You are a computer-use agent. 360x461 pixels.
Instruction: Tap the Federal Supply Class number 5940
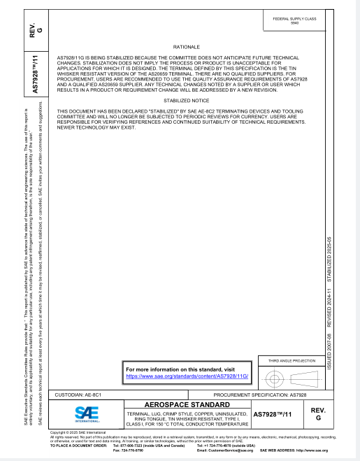[293, 23]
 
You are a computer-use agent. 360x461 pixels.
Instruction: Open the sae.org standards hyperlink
[187, 376]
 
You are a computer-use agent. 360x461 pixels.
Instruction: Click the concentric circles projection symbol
[274, 378]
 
